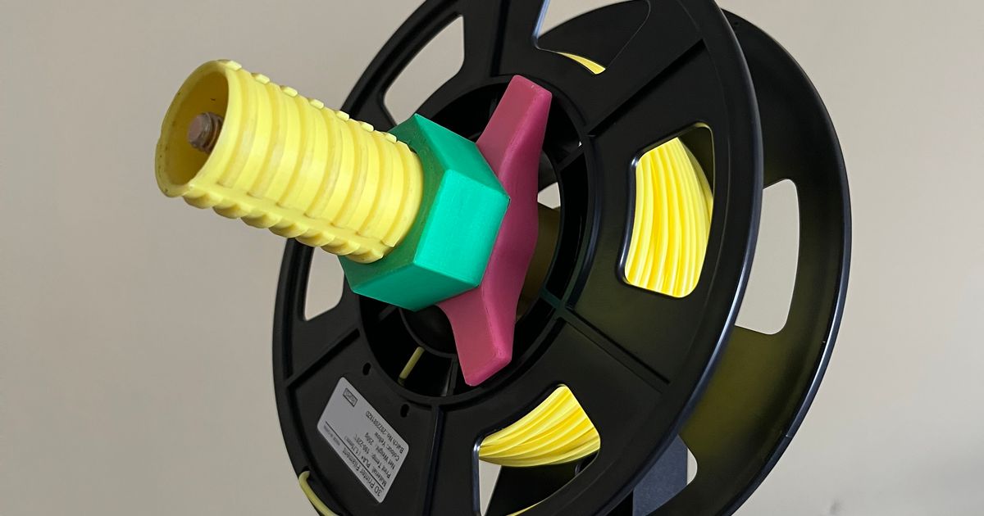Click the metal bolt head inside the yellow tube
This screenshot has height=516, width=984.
pyautogui.click(x=204, y=131)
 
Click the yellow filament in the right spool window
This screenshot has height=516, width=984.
pyautogui.click(x=668, y=217)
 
